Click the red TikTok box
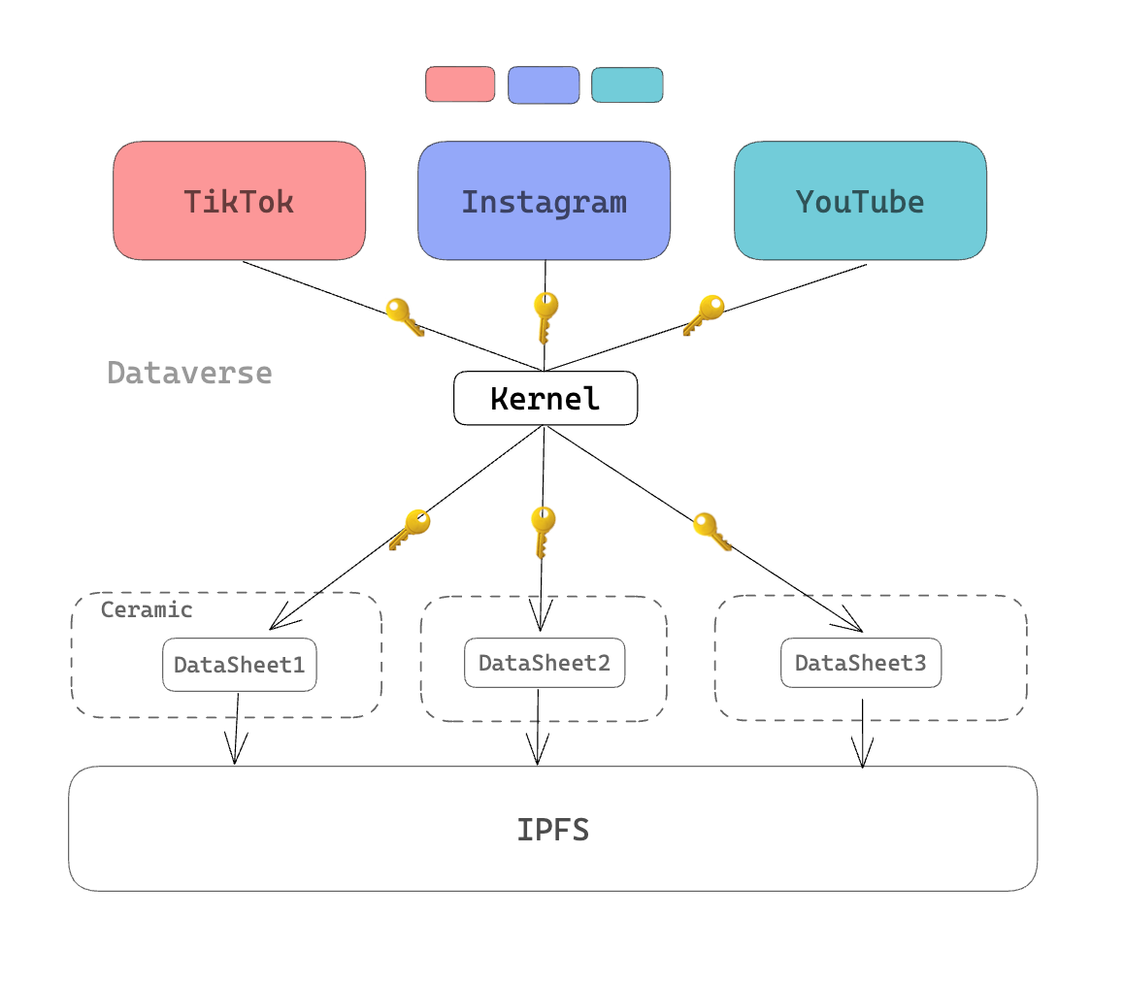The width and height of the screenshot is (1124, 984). tap(239, 201)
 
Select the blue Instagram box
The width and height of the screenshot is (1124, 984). tap(544, 201)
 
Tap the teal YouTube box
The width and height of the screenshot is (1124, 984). tap(860, 201)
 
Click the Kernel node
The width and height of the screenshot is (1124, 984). tap(545, 398)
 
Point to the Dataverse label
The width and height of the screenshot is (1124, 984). tap(189, 373)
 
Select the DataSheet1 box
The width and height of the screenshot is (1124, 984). tap(239, 665)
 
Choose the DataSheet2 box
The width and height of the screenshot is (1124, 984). tap(545, 663)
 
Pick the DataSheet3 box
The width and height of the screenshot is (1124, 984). tap(861, 663)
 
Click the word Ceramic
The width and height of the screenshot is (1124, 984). tap(147, 609)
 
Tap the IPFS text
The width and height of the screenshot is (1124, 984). tap(552, 830)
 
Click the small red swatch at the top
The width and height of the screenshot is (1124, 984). tap(460, 84)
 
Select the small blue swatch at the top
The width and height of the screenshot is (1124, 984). tap(544, 85)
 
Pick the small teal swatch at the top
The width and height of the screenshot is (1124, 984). tap(627, 85)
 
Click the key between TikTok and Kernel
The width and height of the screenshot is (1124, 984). tap(405, 316)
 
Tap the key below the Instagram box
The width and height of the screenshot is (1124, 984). tap(545, 316)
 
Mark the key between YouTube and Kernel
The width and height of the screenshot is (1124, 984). tap(705, 314)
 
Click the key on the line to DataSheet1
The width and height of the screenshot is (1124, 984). tap(410, 529)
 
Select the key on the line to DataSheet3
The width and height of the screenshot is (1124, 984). tap(711, 531)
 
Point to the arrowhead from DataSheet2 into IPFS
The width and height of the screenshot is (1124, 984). tap(538, 751)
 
